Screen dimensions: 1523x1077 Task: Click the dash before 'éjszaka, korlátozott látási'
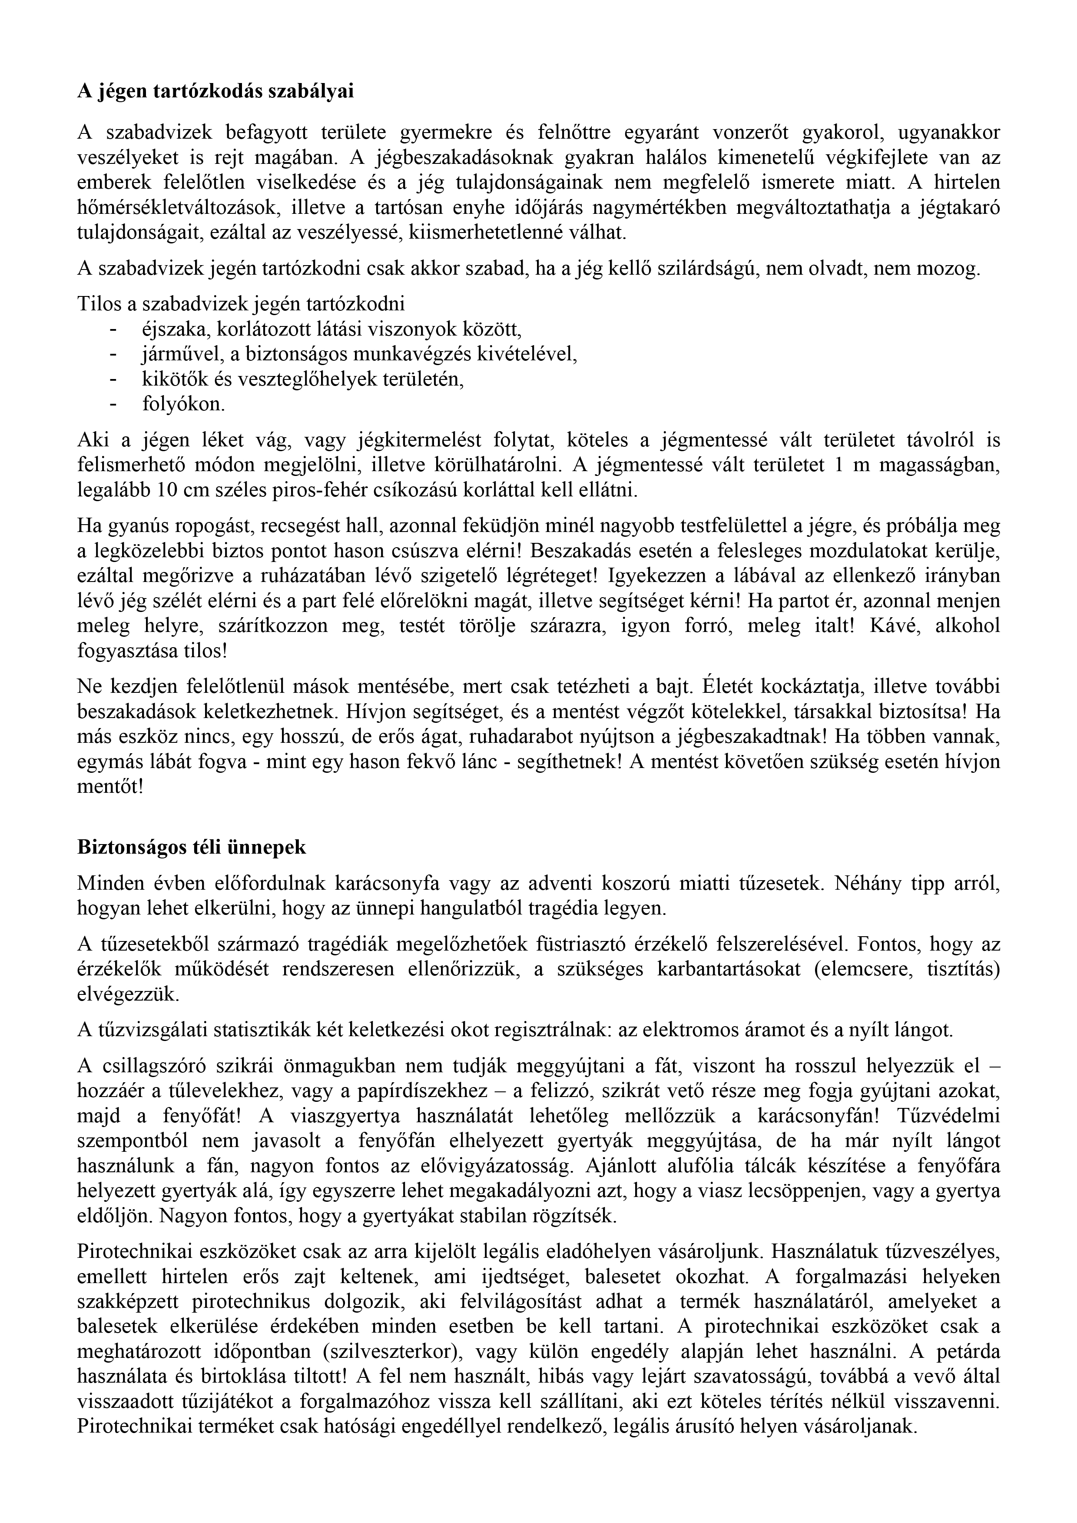[113, 329]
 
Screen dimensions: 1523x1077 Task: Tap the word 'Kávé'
[890, 626]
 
